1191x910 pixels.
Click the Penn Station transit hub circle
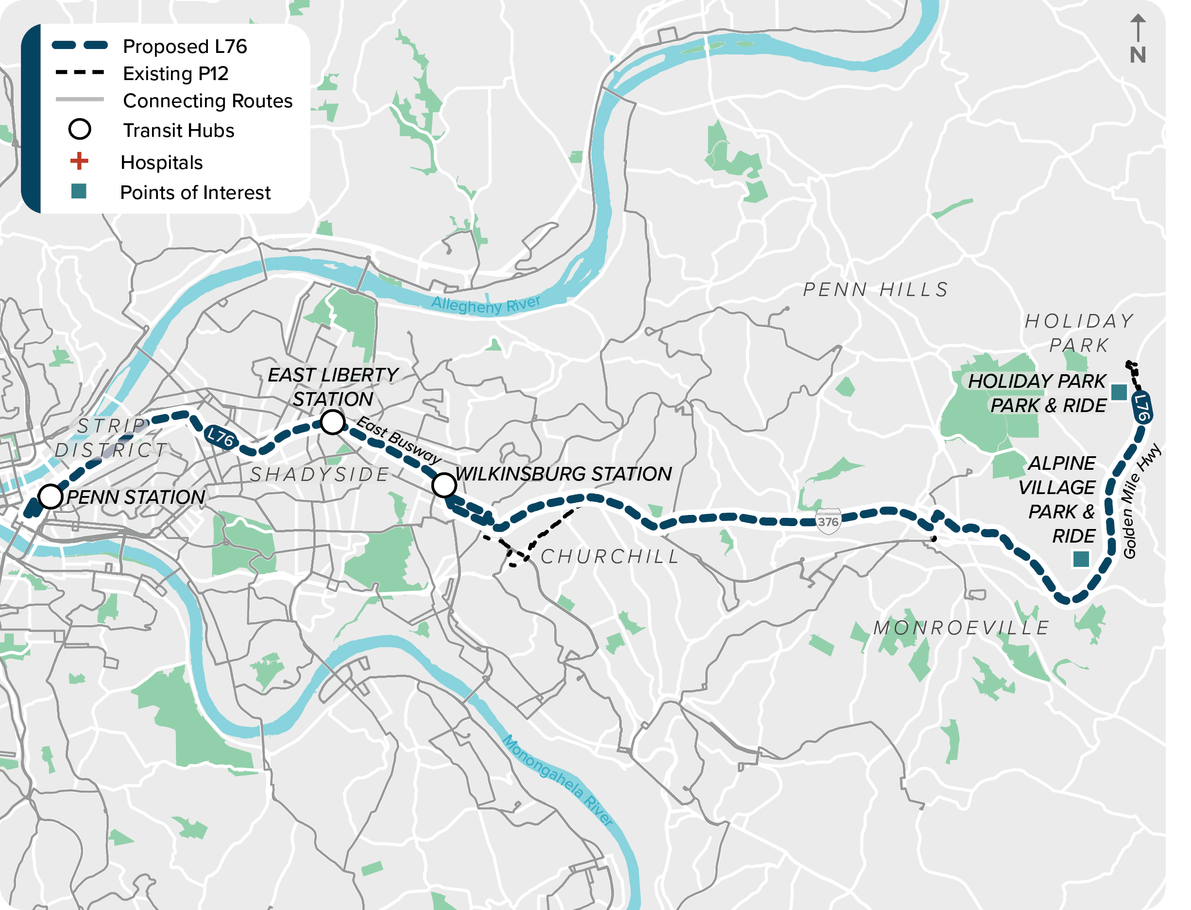[51, 496]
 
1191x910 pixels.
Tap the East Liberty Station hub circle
[332, 422]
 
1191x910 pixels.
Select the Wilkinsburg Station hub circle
[443, 485]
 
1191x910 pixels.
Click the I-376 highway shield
[827, 522]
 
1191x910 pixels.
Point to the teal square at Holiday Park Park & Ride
[1119, 392]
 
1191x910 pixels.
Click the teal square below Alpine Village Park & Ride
[1081, 559]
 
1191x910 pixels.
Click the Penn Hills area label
[875, 290]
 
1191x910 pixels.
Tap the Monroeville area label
[961, 628]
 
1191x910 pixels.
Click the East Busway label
[398, 440]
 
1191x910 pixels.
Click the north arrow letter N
[1138, 55]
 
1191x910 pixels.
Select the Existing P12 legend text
[176, 74]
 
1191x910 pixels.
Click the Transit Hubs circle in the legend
[79, 130]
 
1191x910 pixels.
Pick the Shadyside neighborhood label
[319, 475]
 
